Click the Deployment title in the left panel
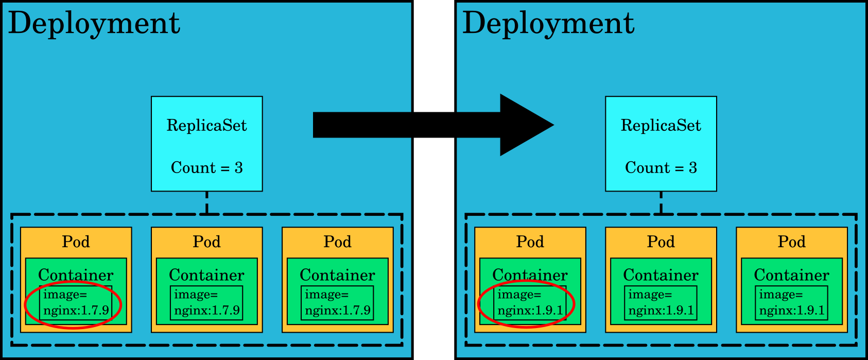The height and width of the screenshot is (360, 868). tap(95, 24)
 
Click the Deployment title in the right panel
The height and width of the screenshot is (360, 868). tap(549, 24)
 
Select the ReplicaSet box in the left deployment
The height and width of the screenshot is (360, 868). tap(207, 143)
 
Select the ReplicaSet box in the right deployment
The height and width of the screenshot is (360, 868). tap(661, 143)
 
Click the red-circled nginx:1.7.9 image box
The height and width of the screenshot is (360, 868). tap(75, 303)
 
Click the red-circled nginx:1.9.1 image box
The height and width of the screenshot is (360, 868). tap(530, 303)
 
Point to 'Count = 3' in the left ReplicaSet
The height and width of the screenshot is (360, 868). tap(207, 168)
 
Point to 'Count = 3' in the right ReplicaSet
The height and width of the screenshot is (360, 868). tap(661, 168)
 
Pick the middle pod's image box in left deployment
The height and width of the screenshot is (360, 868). tap(206, 303)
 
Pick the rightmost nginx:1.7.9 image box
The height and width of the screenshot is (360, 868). tap(337, 303)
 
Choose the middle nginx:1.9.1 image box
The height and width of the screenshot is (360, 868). tap(661, 303)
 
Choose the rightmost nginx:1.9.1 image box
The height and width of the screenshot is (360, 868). tap(791, 303)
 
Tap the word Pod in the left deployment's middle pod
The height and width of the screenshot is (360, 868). tap(207, 242)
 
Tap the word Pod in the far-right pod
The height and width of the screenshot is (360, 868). tap(792, 242)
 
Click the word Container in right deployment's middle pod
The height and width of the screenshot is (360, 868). tap(661, 275)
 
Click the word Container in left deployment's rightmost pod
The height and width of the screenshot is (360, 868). tap(337, 275)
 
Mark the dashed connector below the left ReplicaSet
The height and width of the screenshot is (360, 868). tap(207, 202)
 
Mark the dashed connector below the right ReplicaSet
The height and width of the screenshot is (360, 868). tap(661, 202)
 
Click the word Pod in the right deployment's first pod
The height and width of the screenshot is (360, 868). tap(530, 242)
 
